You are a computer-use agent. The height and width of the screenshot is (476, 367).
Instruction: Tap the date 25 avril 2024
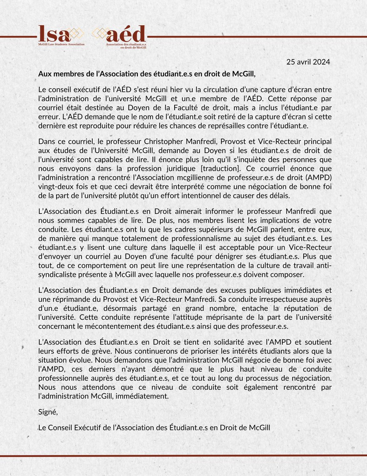(308, 62)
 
